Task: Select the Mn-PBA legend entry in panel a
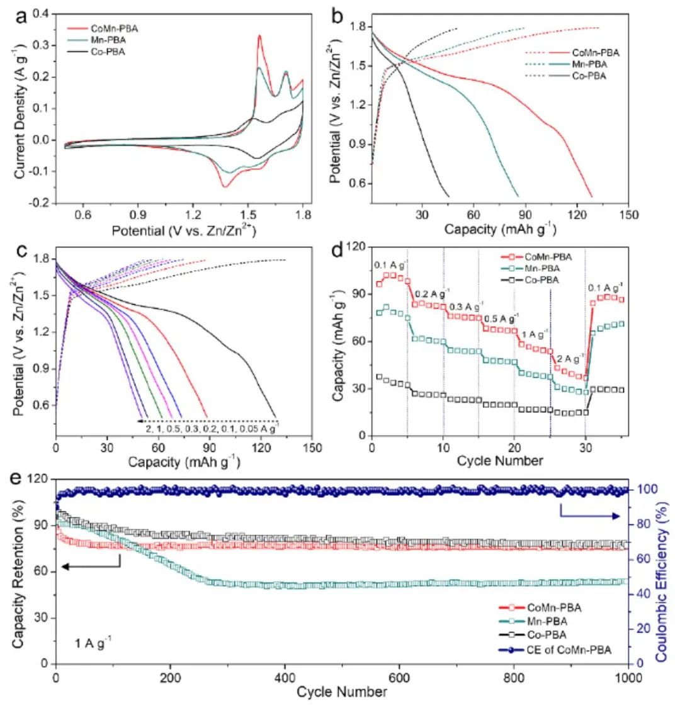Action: click(x=108, y=40)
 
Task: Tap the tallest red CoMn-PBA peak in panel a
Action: click(x=259, y=36)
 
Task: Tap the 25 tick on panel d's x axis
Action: click(x=550, y=448)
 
